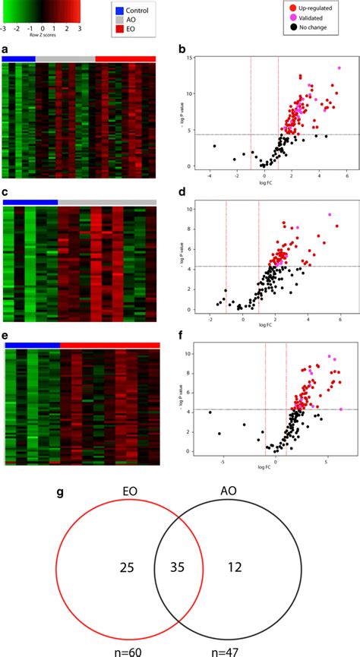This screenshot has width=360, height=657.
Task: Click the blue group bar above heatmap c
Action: [x=30, y=202]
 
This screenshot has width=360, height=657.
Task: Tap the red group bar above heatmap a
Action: [x=125, y=58]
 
